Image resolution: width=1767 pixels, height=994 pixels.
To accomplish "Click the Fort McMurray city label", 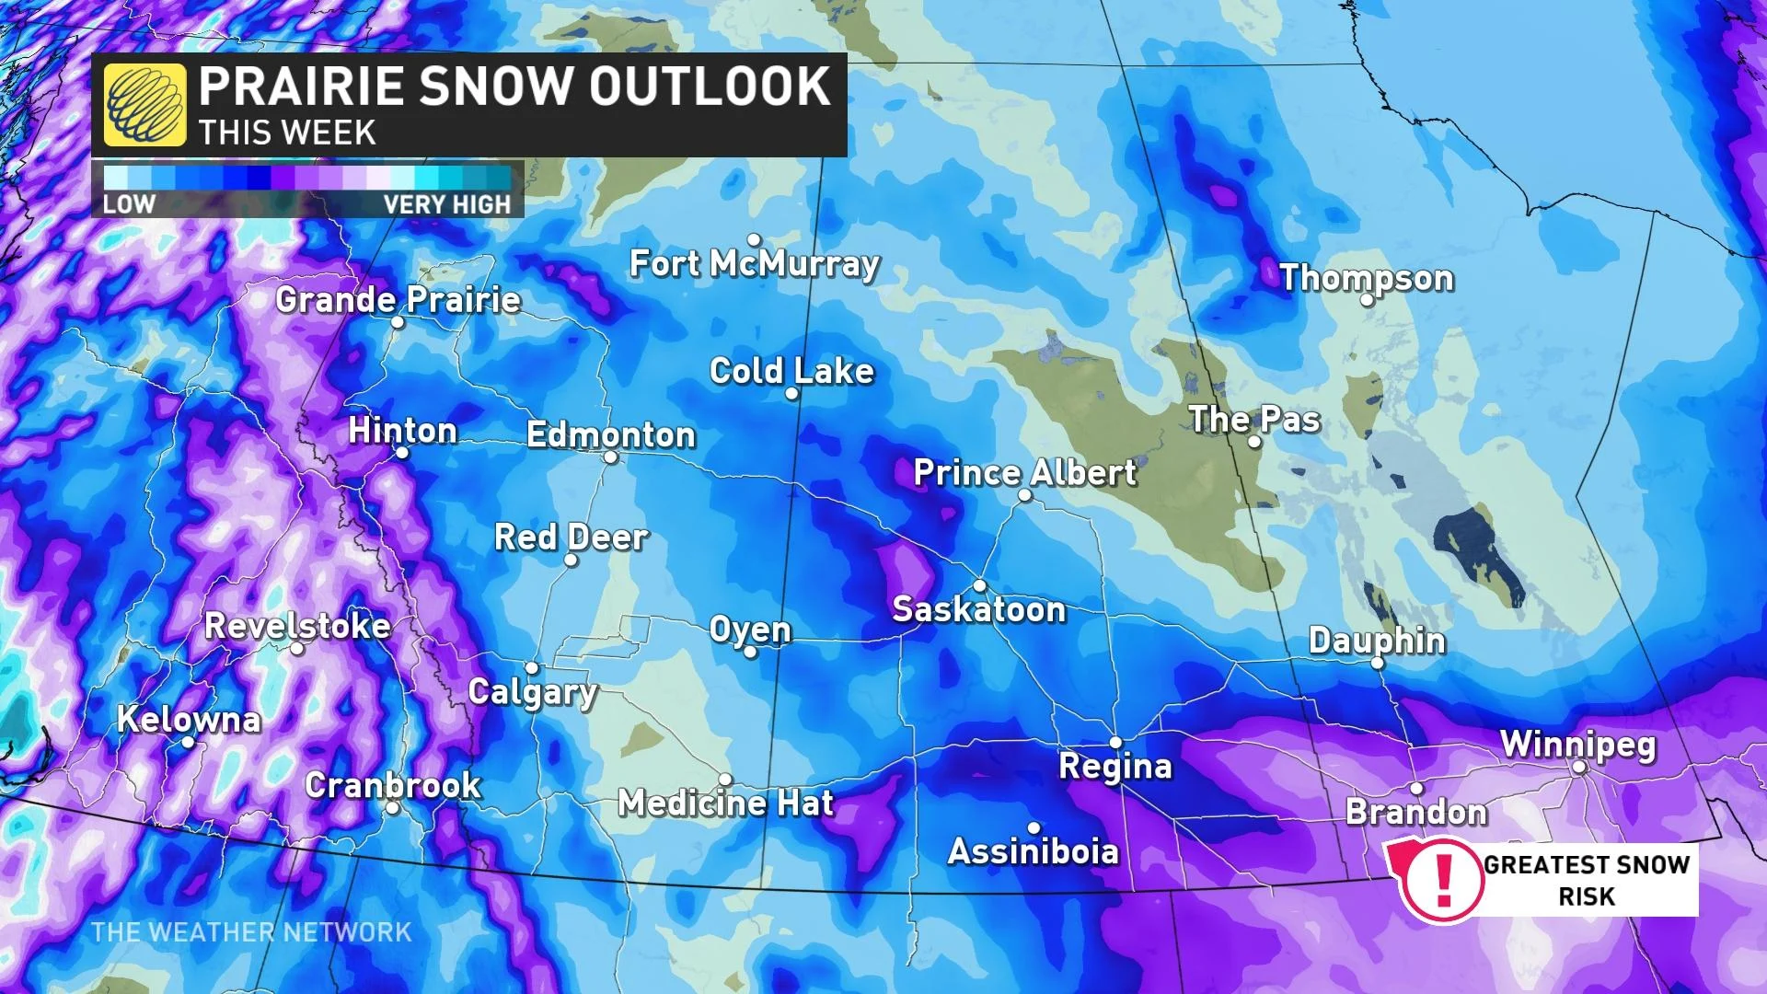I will tap(754, 264).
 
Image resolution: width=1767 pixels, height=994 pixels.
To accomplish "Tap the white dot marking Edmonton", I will tap(610, 457).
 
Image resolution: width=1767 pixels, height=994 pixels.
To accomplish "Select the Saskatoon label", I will tap(978, 609).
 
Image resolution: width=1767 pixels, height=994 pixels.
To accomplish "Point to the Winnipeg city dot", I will tap(1579, 767).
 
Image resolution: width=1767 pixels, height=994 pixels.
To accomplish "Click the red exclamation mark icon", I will tap(1444, 878).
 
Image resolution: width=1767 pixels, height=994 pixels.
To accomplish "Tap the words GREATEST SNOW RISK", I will tap(1587, 880).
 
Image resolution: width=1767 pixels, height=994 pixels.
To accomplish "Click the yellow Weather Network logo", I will tap(144, 105).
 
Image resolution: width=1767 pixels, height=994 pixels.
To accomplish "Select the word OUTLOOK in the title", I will tap(709, 87).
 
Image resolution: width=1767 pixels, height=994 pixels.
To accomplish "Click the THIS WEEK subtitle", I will tap(287, 133).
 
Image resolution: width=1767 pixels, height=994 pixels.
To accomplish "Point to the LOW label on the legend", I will tap(129, 204).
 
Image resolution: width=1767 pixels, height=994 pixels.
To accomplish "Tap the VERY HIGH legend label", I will tap(446, 204).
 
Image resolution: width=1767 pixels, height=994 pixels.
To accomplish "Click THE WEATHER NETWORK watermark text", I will tap(251, 932).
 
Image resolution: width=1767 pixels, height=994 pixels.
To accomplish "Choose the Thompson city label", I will tap(1366, 278).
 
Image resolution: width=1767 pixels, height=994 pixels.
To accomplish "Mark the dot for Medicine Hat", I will tap(725, 780).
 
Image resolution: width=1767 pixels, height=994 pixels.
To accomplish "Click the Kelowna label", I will tap(189, 720).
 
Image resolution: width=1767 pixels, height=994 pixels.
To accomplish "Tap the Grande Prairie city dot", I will tap(398, 322).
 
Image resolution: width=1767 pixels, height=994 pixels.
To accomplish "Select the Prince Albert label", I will tap(1024, 473).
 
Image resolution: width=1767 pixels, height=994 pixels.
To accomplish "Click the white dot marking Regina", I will tap(1115, 742).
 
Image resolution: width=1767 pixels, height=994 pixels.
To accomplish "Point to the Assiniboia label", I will tap(1033, 851).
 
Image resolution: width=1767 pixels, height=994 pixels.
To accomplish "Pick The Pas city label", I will tap(1254, 420).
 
